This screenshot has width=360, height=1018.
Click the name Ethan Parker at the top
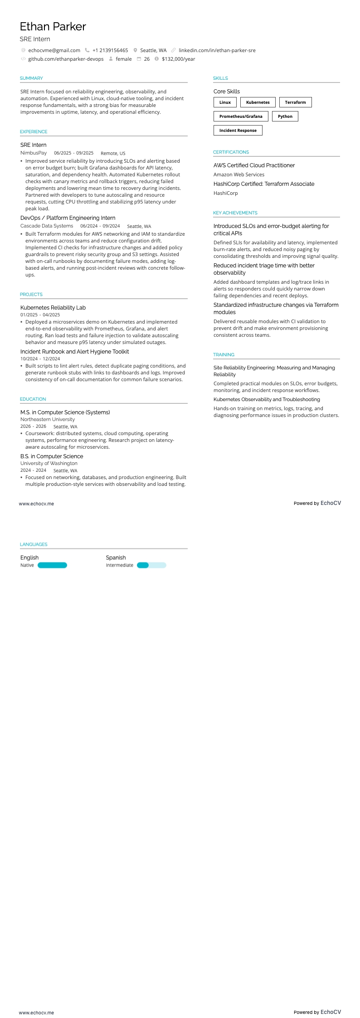(x=53, y=27)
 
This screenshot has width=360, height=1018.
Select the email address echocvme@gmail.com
(x=54, y=50)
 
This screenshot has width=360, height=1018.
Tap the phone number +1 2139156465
(x=110, y=50)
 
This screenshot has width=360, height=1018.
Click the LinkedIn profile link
(x=217, y=50)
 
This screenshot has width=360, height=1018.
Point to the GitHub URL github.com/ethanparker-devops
(x=66, y=59)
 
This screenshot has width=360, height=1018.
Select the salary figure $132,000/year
(x=178, y=59)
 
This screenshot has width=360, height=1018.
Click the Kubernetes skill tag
(x=258, y=102)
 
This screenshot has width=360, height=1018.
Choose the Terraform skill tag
(x=295, y=102)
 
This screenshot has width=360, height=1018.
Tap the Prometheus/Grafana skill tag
(x=241, y=116)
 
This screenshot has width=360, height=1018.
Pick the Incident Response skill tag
(x=238, y=131)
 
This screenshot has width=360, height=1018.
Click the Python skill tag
(x=285, y=116)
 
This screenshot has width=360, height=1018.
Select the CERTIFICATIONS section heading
(x=231, y=152)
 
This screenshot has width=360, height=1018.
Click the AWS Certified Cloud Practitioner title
(x=254, y=165)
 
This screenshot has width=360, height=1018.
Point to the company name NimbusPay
(x=34, y=153)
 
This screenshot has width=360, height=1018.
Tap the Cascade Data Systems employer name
(x=47, y=226)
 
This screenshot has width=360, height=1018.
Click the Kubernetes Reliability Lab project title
(x=53, y=308)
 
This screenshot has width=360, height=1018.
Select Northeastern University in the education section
(x=48, y=419)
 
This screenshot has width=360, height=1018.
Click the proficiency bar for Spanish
(x=151, y=565)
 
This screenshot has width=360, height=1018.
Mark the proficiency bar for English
(x=52, y=565)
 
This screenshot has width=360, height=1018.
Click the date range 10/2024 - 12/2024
(x=40, y=359)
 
